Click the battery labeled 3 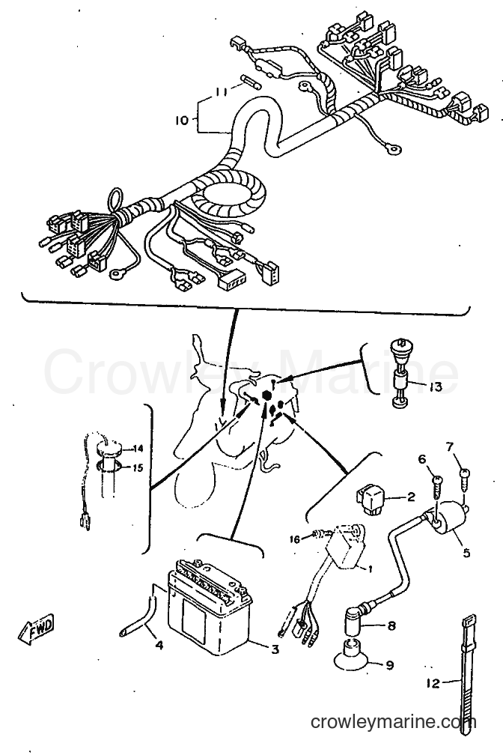pyautogui.click(x=210, y=606)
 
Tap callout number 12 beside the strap pyautogui.click(x=434, y=683)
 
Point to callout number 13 pyautogui.click(x=435, y=386)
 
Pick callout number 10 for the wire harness pyautogui.click(x=182, y=120)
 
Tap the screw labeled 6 pyautogui.click(x=437, y=482)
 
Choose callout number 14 pyautogui.click(x=138, y=449)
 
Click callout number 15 pyautogui.click(x=138, y=467)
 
